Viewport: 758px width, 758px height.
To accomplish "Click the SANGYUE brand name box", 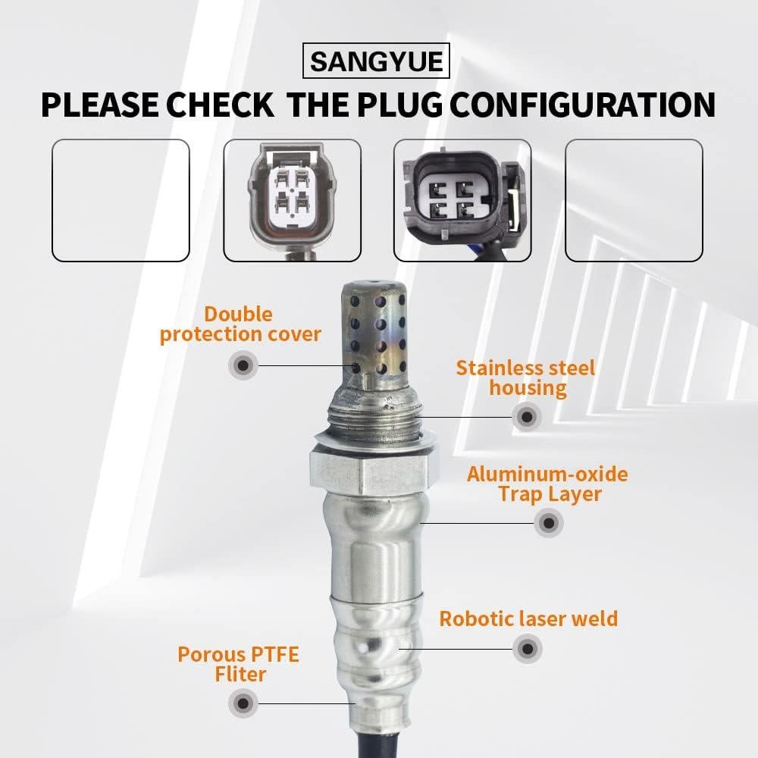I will pos(377,60).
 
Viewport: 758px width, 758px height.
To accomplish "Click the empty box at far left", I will pos(120,200).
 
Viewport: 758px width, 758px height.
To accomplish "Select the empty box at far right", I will pos(634,200).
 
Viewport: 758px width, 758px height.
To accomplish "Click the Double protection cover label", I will pos(240,324).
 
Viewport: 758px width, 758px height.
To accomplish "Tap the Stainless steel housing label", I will pos(525,377).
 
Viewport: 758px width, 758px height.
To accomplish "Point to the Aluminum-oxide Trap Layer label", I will pos(547,484).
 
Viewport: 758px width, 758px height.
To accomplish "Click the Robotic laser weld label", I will pos(528,619).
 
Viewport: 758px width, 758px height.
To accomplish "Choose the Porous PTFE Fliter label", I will pos(238,663).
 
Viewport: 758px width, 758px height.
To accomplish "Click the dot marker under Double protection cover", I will pos(243,365).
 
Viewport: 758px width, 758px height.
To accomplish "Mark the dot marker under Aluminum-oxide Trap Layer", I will pos(548,522).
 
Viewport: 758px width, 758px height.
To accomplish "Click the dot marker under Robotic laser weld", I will pos(528,648).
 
